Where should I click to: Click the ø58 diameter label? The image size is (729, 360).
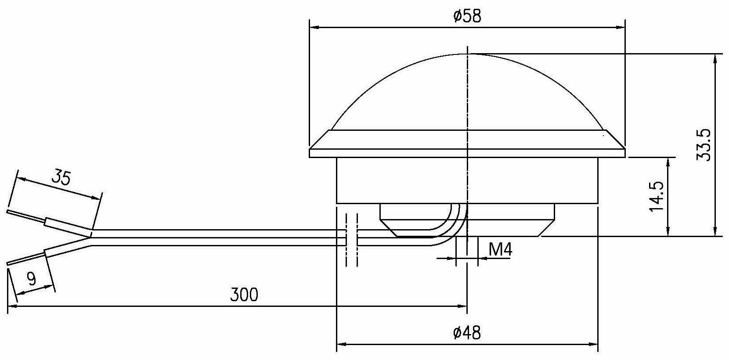click(x=467, y=16)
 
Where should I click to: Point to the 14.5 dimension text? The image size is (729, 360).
click(x=657, y=196)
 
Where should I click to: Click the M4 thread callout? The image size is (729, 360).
click(x=501, y=249)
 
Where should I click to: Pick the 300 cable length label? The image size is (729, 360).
click(x=244, y=295)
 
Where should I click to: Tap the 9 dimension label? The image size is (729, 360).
click(x=32, y=278)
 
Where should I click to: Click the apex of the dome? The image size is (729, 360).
click(x=467, y=54)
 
